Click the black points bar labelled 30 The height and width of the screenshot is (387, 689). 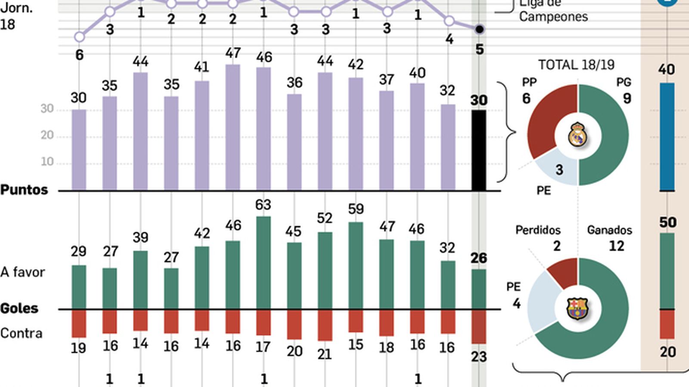click(479, 150)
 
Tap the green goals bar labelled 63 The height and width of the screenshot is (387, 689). click(264, 263)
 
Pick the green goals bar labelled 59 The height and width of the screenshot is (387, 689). click(356, 265)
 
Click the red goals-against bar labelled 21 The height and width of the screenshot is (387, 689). click(325, 325)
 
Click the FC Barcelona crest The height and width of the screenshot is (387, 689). click(577, 308)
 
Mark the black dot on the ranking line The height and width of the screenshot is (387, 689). click(479, 29)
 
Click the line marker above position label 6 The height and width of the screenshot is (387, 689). click(79, 37)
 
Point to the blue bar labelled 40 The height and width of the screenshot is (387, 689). click(667, 137)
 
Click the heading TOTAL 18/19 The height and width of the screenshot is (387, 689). click(576, 65)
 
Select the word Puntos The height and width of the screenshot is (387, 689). click(24, 190)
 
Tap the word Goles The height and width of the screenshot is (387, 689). click(19, 308)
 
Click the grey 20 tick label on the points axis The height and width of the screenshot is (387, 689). click(47, 135)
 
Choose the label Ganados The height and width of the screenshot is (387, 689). click(609, 230)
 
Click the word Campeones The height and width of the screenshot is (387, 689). click(553, 17)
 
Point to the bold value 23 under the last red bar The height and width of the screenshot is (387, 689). click(479, 356)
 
